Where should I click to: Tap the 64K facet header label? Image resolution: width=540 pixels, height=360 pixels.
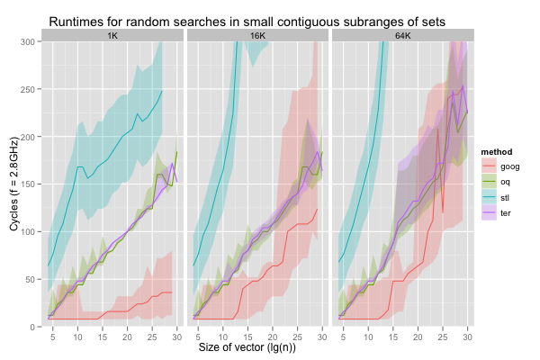[403, 35]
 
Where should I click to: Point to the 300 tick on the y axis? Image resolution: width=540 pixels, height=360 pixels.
[29, 41]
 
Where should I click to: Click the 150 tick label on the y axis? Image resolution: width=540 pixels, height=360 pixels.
[29, 184]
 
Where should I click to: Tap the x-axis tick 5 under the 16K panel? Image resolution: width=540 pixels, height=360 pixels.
[198, 335]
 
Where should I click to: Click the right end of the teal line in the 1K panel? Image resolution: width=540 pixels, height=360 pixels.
[163, 90]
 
